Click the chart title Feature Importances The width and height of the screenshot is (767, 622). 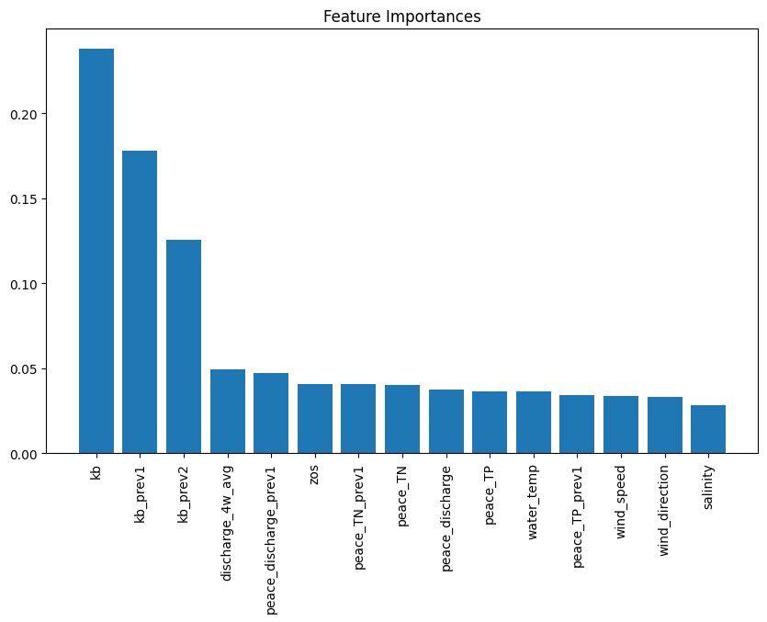point(401,17)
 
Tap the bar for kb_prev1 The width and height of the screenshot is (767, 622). point(140,302)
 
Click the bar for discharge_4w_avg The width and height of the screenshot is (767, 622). point(228,412)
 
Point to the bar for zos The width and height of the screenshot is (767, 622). point(315,419)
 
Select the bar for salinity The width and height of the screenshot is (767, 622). point(708,429)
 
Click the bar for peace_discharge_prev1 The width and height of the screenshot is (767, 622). point(271,413)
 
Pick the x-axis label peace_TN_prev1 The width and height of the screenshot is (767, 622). point(359,517)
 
